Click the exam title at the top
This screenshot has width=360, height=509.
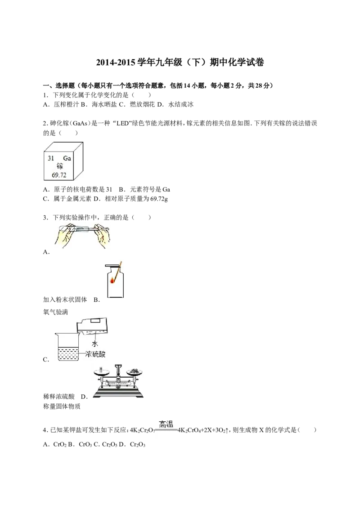(180, 62)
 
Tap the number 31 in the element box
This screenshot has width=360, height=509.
(51, 158)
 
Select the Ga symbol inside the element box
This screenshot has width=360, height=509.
(67, 158)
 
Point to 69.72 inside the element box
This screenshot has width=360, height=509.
(59, 175)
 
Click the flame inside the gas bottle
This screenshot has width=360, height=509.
(113, 280)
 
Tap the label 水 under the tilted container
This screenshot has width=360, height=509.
(94, 344)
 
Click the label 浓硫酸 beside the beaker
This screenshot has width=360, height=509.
(95, 354)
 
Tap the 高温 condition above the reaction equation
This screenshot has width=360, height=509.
(166, 424)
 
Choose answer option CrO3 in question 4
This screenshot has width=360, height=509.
(85, 444)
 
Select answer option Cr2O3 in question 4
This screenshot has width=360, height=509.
(137, 444)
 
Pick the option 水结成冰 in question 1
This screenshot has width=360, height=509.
(181, 104)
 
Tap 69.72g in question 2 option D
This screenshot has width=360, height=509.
(159, 199)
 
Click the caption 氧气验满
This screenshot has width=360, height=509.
(55, 313)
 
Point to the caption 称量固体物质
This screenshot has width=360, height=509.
(62, 406)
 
